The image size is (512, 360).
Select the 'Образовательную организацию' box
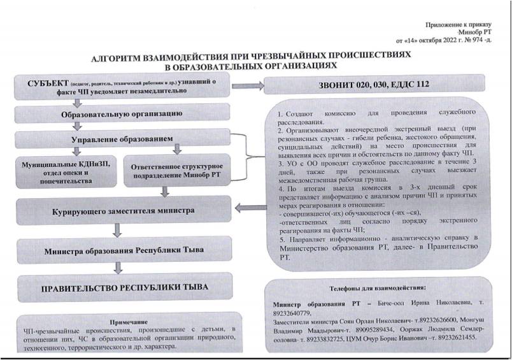click(x=122, y=114)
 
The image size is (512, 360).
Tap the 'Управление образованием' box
click(x=122, y=138)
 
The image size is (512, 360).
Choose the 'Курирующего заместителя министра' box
click(x=122, y=210)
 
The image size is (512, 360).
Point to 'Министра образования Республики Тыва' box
click(x=122, y=250)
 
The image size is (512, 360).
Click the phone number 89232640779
click(x=292, y=313)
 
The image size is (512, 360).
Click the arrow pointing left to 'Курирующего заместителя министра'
click(x=246, y=206)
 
